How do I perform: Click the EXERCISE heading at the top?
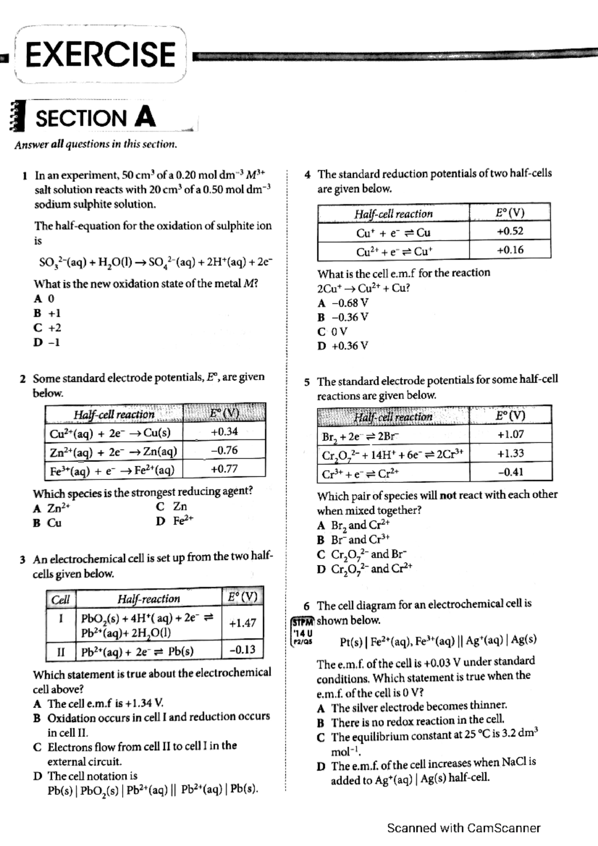click(100, 54)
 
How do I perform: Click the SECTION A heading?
click(95, 118)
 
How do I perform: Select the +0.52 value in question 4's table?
click(510, 231)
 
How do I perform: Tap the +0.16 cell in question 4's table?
click(510, 250)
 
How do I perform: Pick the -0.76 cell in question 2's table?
click(224, 450)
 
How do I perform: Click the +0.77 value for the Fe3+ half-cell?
click(224, 469)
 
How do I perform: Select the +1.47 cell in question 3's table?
click(243, 623)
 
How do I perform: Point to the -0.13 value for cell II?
click(243, 650)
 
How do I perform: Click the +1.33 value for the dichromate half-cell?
click(510, 453)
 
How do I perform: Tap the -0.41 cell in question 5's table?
click(510, 472)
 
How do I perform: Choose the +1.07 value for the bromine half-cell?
click(510, 434)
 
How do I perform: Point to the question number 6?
click(306, 606)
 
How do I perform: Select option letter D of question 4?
click(321, 346)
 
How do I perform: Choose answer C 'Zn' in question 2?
click(172, 507)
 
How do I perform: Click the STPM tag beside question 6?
click(302, 622)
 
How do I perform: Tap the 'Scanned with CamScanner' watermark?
click(463, 828)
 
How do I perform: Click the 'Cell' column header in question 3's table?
click(60, 599)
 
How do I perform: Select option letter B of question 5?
click(320, 540)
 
